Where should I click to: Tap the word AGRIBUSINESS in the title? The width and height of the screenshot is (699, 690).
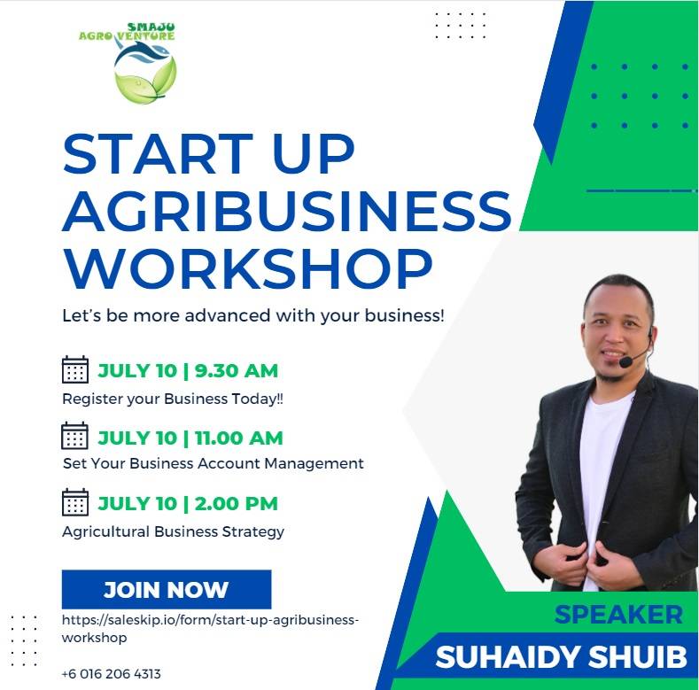(287, 211)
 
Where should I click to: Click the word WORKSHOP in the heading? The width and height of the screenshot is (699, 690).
(247, 268)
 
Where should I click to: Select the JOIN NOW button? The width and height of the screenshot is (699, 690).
(167, 589)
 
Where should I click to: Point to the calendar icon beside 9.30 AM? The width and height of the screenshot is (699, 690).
(75, 369)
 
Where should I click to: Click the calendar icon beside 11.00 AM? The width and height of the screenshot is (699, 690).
(75, 436)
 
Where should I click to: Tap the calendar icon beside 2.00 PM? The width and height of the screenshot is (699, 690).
(75, 502)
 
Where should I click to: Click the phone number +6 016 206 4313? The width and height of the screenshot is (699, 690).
(111, 673)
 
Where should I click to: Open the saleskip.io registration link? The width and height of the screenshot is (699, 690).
(210, 629)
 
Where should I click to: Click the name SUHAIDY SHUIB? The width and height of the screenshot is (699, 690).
(561, 657)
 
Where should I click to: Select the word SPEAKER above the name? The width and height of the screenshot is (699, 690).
(618, 615)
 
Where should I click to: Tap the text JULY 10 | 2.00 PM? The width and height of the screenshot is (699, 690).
(188, 504)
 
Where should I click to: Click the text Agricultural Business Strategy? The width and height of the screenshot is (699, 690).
(173, 531)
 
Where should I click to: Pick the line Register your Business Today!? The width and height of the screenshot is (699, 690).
(173, 399)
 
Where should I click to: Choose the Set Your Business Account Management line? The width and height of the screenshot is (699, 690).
(214, 463)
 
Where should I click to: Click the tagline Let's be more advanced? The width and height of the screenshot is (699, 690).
(253, 315)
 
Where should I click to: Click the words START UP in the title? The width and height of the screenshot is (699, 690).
(208, 154)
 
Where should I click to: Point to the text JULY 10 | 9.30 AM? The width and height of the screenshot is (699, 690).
(188, 371)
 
